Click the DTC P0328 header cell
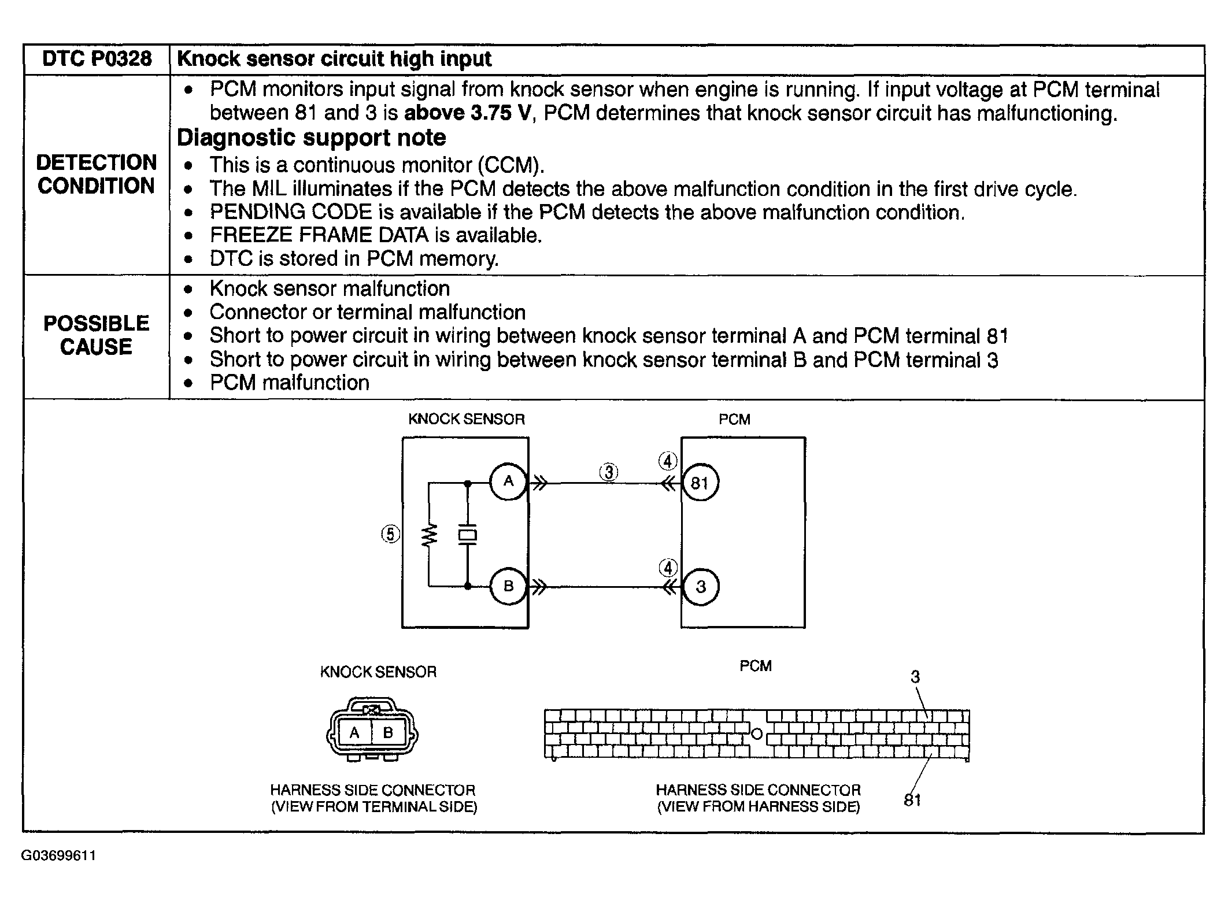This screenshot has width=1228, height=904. [x=97, y=59]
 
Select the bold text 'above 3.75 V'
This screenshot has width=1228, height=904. [x=466, y=113]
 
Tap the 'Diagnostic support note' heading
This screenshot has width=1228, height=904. [x=311, y=138]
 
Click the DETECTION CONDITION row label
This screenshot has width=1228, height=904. [x=97, y=174]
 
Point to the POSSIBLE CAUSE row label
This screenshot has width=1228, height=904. [x=97, y=335]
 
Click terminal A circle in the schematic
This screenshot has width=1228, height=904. [x=508, y=481]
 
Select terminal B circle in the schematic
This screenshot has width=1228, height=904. [x=508, y=587]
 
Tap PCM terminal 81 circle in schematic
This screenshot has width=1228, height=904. [x=700, y=483]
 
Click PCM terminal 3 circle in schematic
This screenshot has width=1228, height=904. [x=701, y=587]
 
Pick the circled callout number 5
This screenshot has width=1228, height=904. [x=391, y=534]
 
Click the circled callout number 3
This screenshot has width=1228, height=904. [x=608, y=472]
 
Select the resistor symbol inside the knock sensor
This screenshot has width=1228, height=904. [x=429, y=535]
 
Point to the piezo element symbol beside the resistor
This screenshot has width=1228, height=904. [x=467, y=535]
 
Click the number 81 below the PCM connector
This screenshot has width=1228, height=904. [x=912, y=801]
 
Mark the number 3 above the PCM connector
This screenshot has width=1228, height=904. [x=915, y=677]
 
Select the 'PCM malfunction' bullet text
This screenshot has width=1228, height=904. [x=289, y=383]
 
